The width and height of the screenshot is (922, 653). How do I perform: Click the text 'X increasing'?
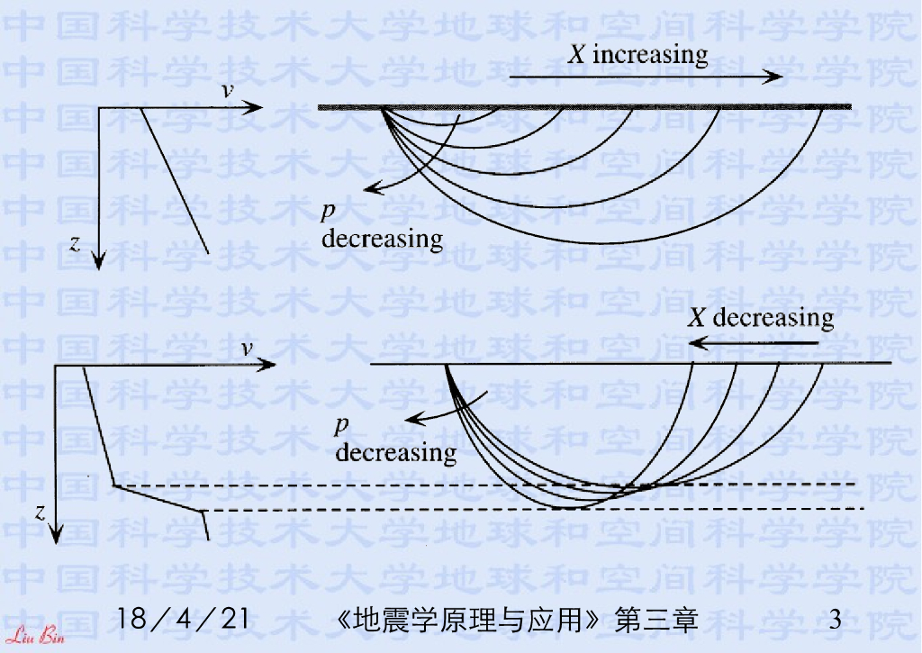pyautogui.click(x=637, y=54)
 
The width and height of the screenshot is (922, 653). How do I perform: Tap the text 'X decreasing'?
pyautogui.click(x=761, y=317)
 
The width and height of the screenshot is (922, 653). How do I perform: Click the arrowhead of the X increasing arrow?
pyautogui.click(x=775, y=78)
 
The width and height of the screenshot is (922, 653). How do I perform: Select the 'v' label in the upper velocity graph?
pyautogui.click(x=229, y=92)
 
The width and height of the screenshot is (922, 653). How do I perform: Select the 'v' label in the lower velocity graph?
pyautogui.click(x=245, y=349)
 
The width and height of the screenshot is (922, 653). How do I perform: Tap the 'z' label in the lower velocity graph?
pyautogui.click(x=40, y=512)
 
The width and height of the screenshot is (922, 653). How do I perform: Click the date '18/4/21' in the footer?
pyautogui.click(x=183, y=620)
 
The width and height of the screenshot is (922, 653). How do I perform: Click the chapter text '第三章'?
pyautogui.click(x=655, y=620)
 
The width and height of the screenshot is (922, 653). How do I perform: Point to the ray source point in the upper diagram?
pyautogui.click(x=382, y=108)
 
